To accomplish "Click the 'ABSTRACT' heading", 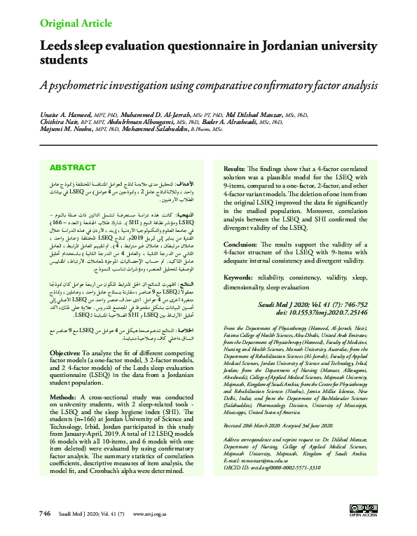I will coord(73,168).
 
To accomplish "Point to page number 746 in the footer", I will coord(45,514).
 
